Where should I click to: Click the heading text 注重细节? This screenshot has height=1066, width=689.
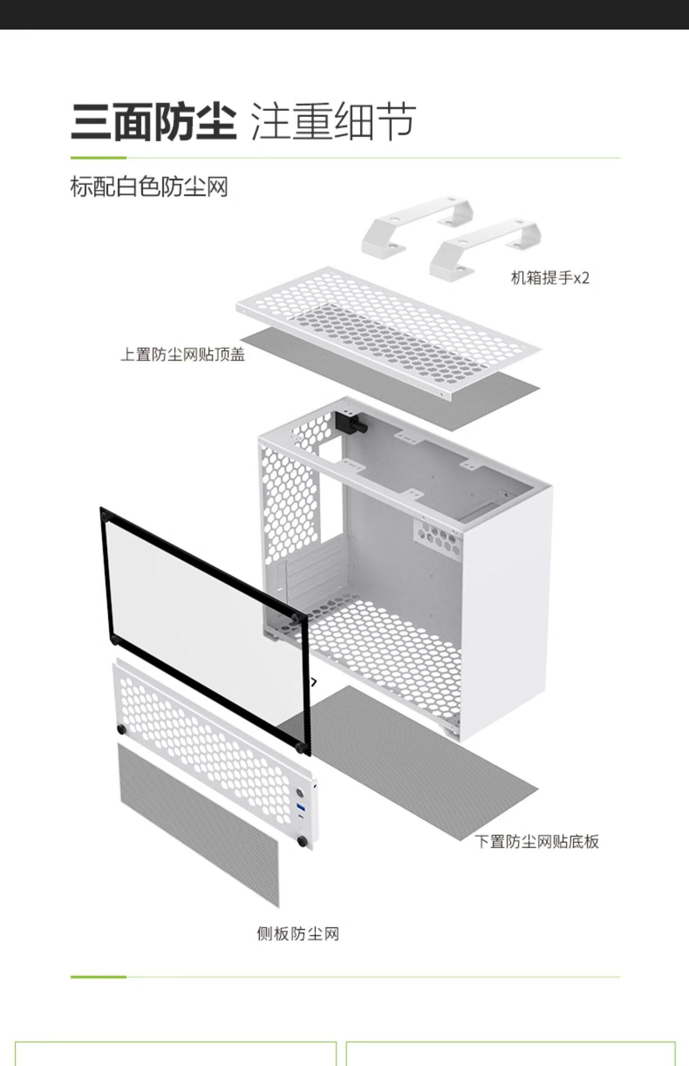pos(333,122)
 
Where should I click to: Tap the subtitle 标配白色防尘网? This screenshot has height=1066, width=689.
pos(149,187)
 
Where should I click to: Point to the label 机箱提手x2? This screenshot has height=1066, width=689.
pos(550,278)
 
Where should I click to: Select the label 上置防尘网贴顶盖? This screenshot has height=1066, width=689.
pos(182,354)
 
